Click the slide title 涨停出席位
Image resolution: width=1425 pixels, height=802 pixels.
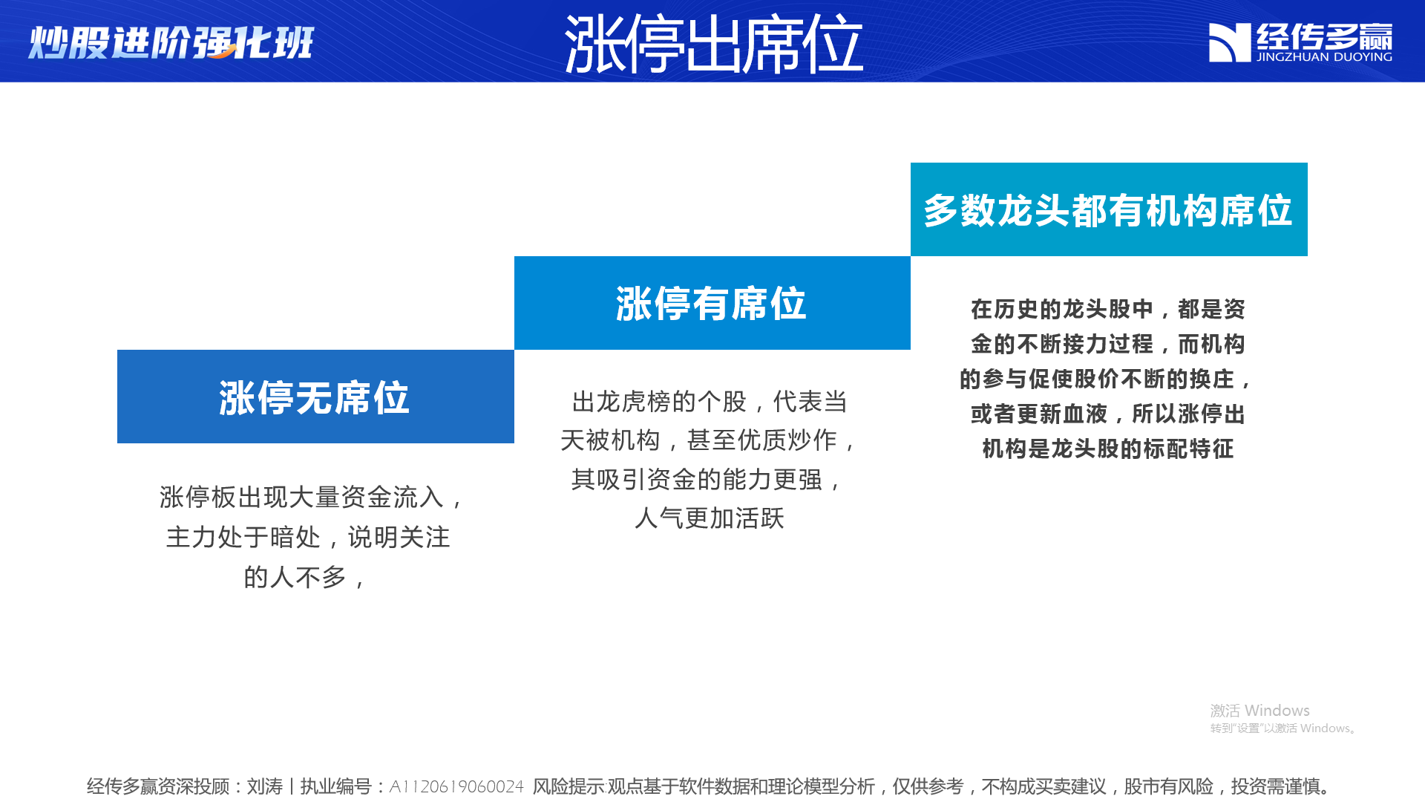713,44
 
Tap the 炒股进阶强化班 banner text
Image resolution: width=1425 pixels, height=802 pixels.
171,42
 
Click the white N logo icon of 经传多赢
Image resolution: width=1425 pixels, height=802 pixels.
1230,42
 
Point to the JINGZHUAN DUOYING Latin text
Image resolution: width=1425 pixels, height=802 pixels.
1324,56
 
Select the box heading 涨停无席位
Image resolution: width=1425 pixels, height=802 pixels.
315,397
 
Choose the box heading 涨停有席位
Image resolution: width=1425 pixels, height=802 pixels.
711,303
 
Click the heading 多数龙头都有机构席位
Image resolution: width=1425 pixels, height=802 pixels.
1108,210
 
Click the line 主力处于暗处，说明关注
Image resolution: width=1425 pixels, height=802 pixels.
308,537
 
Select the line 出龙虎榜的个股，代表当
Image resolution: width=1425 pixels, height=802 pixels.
710,402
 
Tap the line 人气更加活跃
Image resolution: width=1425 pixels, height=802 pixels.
710,518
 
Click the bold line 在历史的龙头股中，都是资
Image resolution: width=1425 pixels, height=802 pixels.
1108,309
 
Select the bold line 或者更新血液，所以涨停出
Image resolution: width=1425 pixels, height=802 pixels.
1108,414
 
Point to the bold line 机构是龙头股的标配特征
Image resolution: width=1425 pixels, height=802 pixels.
1108,449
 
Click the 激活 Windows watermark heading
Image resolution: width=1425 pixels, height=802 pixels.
1260,711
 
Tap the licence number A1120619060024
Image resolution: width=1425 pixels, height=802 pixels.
456,786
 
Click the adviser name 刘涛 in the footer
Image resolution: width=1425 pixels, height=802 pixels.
265,786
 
